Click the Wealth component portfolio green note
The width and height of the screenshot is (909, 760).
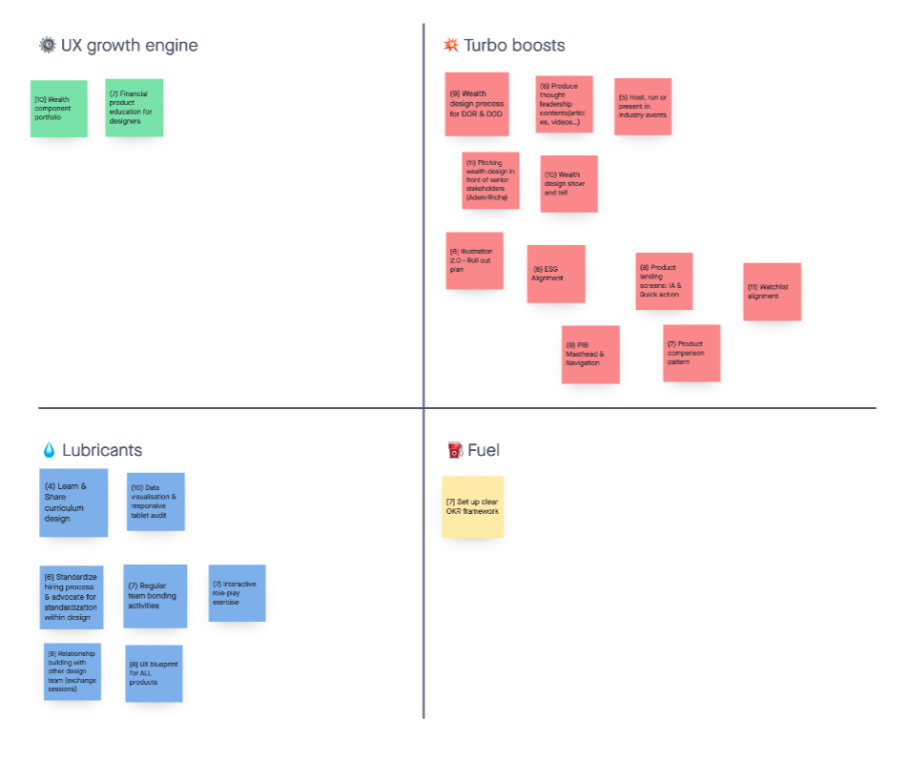tap(58, 109)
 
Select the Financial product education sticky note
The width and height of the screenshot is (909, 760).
tap(134, 108)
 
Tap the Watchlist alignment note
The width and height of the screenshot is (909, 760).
tap(772, 292)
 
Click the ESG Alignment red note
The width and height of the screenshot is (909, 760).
tap(556, 275)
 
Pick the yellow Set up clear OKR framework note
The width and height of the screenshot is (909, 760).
tap(472, 507)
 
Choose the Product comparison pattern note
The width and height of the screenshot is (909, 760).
tap(692, 353)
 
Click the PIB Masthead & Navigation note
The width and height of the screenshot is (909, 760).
tap(590, 355)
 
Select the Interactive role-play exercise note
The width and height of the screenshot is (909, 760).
tap(237, 593)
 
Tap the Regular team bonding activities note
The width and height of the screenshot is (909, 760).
tap(155, 596)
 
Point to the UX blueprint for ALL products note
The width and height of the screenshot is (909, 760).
tap(154, 673)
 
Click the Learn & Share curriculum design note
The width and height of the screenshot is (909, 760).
tap(72, 503)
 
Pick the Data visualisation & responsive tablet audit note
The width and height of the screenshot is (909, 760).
tap(155, 502)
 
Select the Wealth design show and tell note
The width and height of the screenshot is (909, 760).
tap(568, 184)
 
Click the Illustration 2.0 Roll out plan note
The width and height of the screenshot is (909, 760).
tap(474, 261)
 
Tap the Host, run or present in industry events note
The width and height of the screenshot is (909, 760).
tap(642, 107)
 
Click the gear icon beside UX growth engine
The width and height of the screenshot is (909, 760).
tap(48, 45)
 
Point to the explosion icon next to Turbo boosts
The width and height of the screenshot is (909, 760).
tap(451, 45)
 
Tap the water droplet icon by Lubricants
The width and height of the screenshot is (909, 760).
tap(49, 450)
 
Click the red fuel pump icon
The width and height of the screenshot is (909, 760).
tap(455, 450)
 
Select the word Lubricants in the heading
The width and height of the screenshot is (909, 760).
tap(102, 450)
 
